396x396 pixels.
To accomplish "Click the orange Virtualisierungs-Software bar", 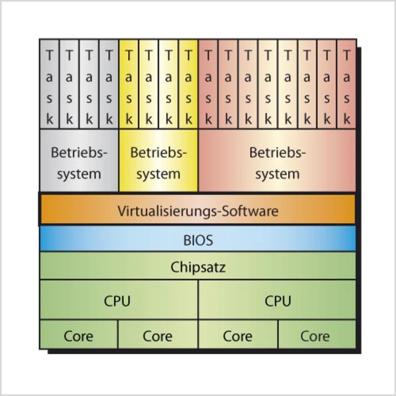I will (x=198, y=210).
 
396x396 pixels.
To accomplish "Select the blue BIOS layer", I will (x=198, y=240).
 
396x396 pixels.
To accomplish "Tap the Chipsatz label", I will (x=198, y=267).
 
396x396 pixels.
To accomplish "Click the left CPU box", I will (x=118, y=301).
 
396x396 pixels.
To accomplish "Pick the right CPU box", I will (x=278, y=301).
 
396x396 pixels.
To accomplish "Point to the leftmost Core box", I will (x=79, y=336).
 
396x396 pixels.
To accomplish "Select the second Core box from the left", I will (x=157, y=336).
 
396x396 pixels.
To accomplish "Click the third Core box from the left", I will (x=238, y=336).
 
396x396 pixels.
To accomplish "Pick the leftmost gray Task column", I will (x=49, y=87).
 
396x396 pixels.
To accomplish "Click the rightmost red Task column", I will (x=346, y=87).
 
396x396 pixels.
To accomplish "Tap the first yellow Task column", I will (x=129, y=87).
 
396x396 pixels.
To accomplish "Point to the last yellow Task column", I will (x=188, y=87).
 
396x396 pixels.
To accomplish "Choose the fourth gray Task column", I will (x=109, y=87).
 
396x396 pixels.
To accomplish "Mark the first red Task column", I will (x=208, y=87).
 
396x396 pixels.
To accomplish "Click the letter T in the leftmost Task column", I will (x=49, y=56).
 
